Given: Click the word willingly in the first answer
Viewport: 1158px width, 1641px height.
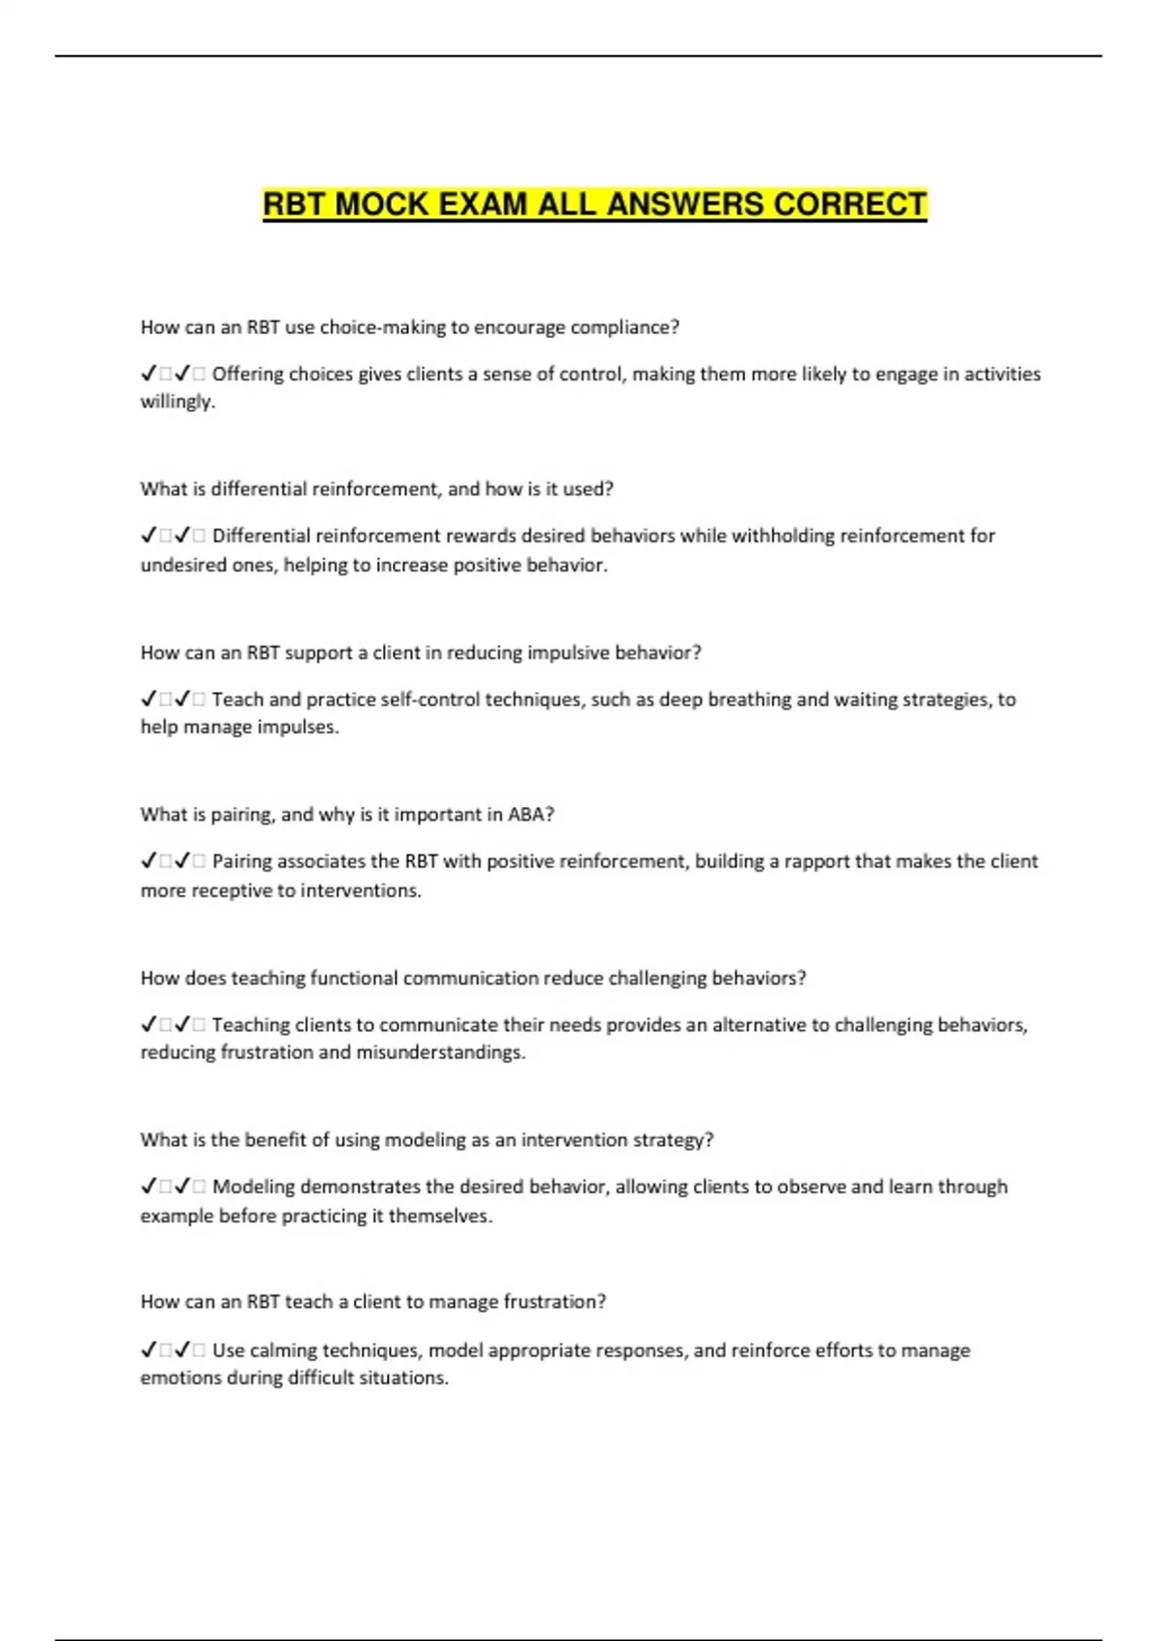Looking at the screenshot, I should (x=176, y=402).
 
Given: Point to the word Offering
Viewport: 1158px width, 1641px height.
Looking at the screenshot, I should (x=247, y=374).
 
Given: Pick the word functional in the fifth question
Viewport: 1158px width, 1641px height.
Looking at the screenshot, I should (x=353, y=978).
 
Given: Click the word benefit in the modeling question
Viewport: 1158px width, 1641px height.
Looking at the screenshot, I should (x=273, y=1140).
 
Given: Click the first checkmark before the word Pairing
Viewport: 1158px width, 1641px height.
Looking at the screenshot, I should (x=149, y=861).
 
